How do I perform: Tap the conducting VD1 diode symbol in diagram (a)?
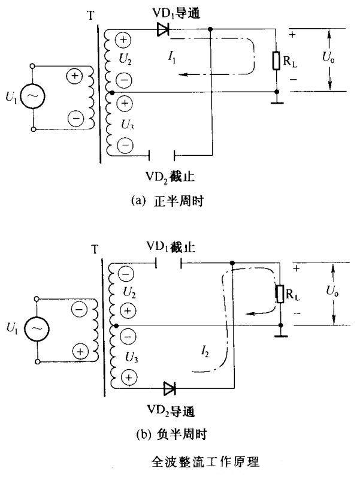pos(162,28)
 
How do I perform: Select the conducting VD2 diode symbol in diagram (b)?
pos(169,388)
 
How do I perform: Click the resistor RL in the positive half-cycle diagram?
pos(276,61)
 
